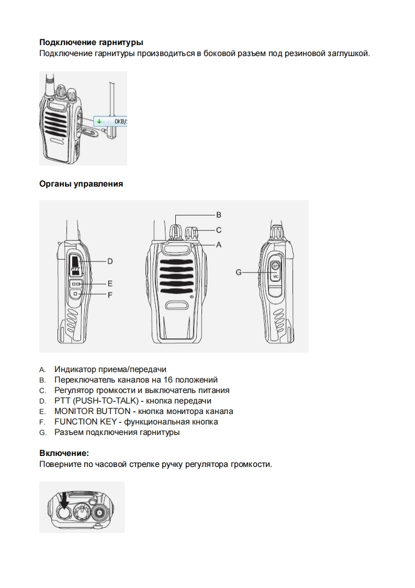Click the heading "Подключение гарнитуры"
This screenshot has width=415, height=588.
(x=91, y=42)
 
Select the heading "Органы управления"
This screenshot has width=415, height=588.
(x=81, y=183)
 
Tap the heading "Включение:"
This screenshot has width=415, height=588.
(x=64, y=453)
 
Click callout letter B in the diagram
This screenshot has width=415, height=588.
(x=219, y=214)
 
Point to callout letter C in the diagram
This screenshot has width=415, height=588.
(x=219, y=230)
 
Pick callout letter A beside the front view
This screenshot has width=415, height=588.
(x=219, y=244)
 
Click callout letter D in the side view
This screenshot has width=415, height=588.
(x=110, y=260)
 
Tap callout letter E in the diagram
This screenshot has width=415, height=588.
(x=110, y=283)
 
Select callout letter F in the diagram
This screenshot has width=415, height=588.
(x=110, y=295)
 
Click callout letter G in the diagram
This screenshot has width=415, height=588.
(x=239, y=272)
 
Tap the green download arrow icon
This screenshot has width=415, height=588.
(x=98, y=121)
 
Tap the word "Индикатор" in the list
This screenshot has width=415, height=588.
(x=74, y=369)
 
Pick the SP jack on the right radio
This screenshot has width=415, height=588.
(x=276, y=266)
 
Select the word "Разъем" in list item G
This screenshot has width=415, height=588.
(x=68, y=432)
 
